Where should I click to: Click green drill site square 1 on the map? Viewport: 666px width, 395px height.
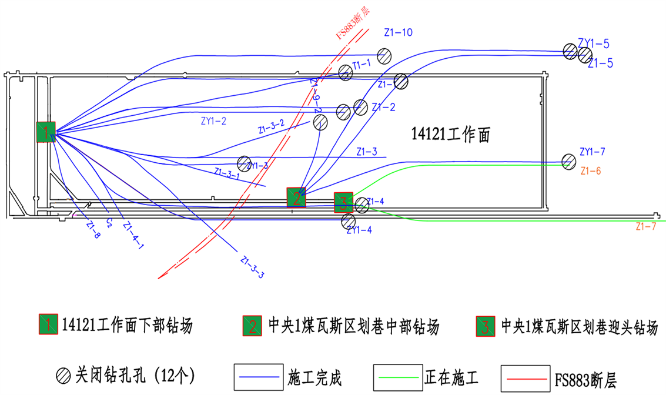pyautogui.click(x=46, y=132)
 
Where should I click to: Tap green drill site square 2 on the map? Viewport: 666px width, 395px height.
pyautogui.click(x=296, y=197)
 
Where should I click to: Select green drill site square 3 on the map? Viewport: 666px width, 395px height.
pyautogui.click(x=343, y=202)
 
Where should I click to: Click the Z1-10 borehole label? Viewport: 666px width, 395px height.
pyautogui.click(x=398, y=33)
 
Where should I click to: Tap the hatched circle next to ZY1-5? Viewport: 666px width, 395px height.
pyautogui.click(x=569, y=51)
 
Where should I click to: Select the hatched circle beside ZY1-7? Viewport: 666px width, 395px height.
pyautogui.click(x=568, y=160)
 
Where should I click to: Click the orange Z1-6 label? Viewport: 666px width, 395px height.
pyautogui.click(x=590, y=172)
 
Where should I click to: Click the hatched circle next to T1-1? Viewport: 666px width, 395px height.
pyautogui.click(x=346, y=72)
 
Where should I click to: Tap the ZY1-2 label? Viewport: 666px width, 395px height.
pyautogui.click(x=213, y=122)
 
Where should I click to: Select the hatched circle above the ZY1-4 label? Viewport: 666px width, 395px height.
pyautogui.click(x=348, y=221)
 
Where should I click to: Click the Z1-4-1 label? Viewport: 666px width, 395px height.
pyautogui.click(x=133, y=236)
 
